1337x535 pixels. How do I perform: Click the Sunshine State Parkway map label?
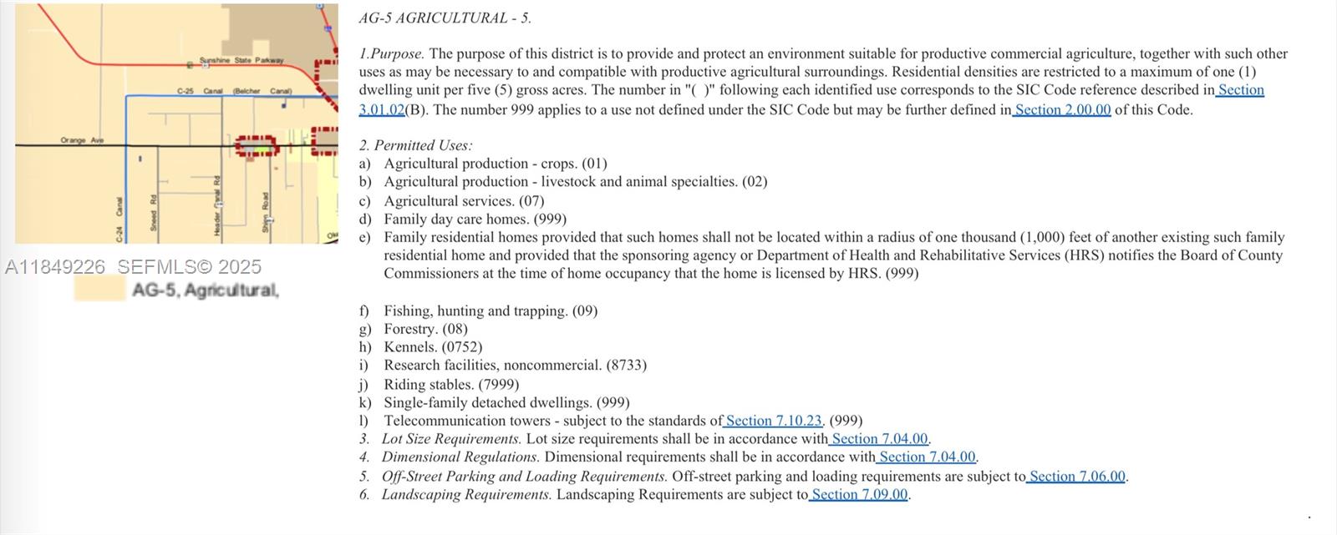pyautogui.click(x=241, y=60)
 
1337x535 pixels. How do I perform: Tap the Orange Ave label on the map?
pyautogui.click(x=82, y=140)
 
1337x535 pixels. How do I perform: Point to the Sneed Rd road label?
pyautogui.click(x=154, y=213)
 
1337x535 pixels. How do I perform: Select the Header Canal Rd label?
pyautogui.click(x=217, y=205)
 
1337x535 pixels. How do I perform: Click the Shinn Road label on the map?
pyautogui.click(x=266, y=212)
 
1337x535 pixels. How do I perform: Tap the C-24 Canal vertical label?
pyautogui.click(x=119, y=219)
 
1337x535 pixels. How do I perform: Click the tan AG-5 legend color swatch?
pyautogui.click(x=99, y=289)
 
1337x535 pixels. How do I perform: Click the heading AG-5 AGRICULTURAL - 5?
pyautogui.click(x=445, y=18)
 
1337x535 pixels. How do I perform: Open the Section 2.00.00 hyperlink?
pyautogui.click(x=1062, y=109)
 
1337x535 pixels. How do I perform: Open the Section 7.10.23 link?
pyautogui.click(x=774, y=421)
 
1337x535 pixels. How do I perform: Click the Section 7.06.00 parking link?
pyautogui.click(x=1077, y=477)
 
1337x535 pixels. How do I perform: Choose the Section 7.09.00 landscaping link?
pyautogui.click(x=859, y=494)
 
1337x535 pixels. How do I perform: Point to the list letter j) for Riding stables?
pyautogui.click(x=363, y=385)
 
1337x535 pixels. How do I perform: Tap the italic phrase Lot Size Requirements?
pyautogui.click(x=451, y=439)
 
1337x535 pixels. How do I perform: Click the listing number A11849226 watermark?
pyautogui.click(x=55, y=267)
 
